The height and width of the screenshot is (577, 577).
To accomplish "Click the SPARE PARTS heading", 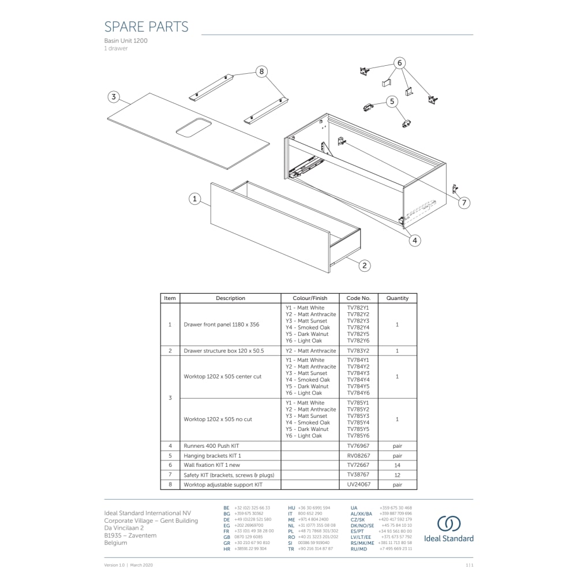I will tap(146, 27).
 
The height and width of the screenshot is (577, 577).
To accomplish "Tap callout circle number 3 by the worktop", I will tap(114, 97).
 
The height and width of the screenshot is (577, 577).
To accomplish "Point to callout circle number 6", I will tap(400, 63).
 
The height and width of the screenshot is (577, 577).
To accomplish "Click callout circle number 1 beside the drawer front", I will tap(195, 199).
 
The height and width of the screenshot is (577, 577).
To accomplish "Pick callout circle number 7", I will tap(464, 203).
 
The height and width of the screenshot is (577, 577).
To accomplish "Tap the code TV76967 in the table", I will tap(358, 446).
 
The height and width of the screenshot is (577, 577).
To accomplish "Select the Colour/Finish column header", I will tap(310, 298).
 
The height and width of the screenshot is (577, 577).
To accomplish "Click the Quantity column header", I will tap(397, 298).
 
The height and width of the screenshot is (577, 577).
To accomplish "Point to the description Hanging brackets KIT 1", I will tap(212, 456).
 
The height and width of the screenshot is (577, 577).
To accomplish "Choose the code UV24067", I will tap(358, 485).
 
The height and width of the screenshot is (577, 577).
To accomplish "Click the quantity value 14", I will tap(397, 465).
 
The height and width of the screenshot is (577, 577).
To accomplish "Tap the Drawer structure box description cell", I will tap(223, 351).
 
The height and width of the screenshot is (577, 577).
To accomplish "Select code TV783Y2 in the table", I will tap(358, 351).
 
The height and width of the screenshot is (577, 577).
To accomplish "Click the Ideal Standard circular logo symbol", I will tap(448, 524).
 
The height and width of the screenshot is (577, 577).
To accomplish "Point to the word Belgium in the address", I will tap(115, 543).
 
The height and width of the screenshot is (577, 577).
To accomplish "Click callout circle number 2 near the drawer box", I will tap(365, 265).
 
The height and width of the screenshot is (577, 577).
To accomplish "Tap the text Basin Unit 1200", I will tap(125, 42).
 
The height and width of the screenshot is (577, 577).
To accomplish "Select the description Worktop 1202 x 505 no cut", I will tap(218, 419).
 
